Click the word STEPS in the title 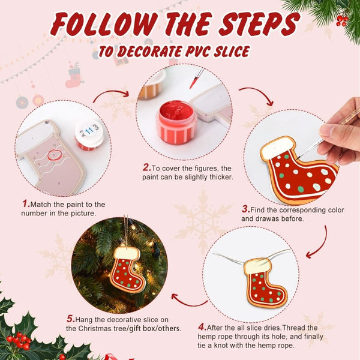(x=257, y=25)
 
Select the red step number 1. (x=26, y=204)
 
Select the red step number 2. (x=146, y=167)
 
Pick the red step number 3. (x=245, y=209)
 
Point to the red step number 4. (x=202, y=327)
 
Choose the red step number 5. (x=70, y=318)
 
